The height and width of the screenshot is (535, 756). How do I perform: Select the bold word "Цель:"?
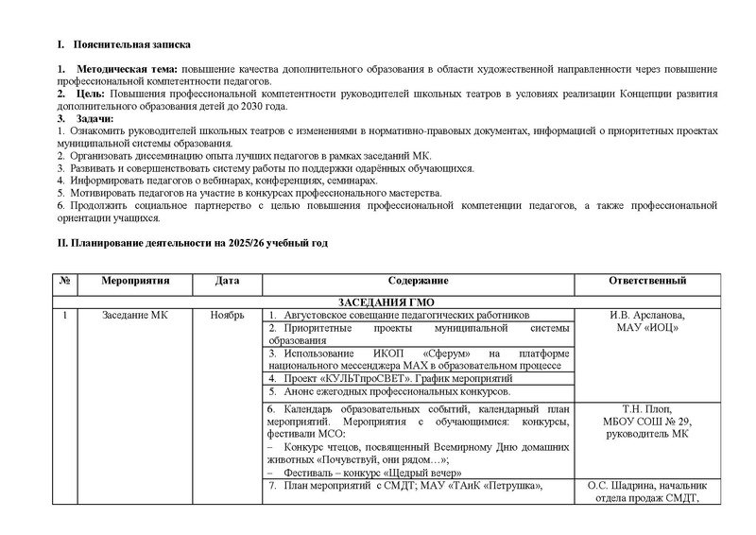[x=91, y=95]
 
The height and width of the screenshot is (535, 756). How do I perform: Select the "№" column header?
[x=62, y=282]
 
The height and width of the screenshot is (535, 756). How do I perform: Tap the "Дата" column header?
[x=227, y=282]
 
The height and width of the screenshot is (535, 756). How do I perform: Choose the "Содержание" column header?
[x=418, y=282]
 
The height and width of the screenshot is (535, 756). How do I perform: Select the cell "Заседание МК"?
[x=134, y=315]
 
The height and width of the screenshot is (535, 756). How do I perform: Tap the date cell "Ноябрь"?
[x=227, y=315]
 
